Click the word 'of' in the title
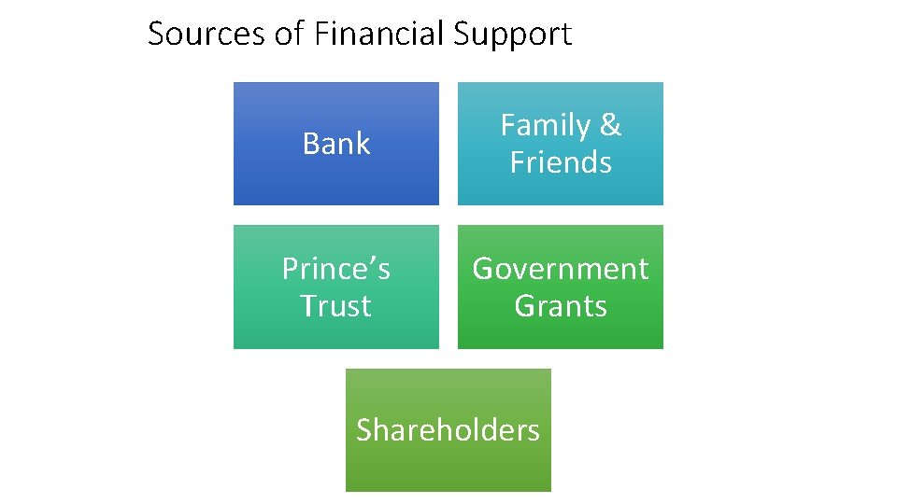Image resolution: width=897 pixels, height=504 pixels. (x=289, y=35)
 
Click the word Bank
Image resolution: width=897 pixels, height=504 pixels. (x=336, y=144)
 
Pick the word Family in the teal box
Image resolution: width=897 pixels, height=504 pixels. (x=546, y=125)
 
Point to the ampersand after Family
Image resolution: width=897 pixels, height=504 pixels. (x=610, y=125)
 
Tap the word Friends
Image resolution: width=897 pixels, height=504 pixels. (x=561, y=162)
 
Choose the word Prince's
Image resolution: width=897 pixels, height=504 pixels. (x=336, y=269)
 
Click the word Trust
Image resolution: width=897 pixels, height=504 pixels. (x=336, y=306)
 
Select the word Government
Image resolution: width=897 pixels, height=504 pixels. (x=561, y=269)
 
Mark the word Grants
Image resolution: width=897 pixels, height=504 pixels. (x=561, y=306)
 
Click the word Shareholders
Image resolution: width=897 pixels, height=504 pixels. (x=448, y=430)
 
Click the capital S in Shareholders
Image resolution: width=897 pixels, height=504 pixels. (x=364, y=430)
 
